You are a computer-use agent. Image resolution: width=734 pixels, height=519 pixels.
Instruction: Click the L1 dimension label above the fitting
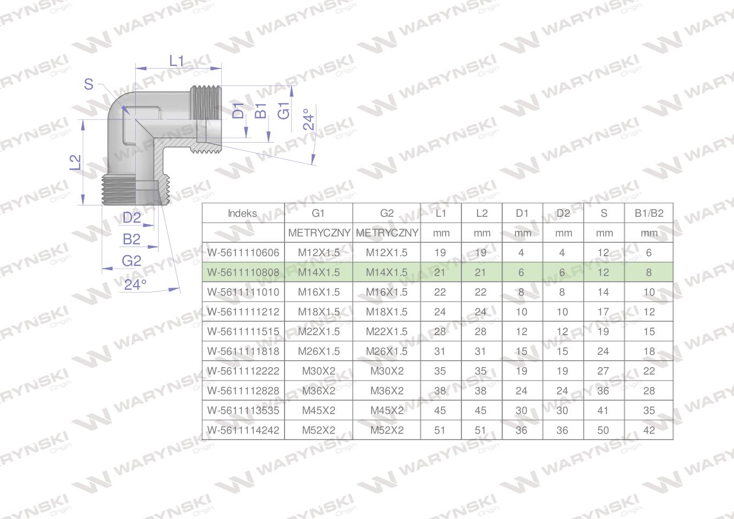click(x=177, y=61)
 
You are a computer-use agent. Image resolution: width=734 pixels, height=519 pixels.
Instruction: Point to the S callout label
click(x=89, y=84)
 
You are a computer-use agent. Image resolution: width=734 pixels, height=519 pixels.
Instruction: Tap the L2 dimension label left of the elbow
click(x=75, y=162)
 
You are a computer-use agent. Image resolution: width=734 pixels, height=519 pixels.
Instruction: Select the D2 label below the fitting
click(x=131, y=218)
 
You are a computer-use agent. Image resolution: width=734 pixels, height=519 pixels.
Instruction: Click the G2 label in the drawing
click(x=131, y=261)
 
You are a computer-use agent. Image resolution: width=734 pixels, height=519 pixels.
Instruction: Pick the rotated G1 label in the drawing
click(x=284, y=111)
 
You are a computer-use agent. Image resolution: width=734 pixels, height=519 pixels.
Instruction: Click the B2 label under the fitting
click(x=131, y=239)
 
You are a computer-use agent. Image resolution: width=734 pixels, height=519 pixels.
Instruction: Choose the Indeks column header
click(x=242, y=213)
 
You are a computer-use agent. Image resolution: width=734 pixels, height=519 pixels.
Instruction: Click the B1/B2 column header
click(x=649, y=213)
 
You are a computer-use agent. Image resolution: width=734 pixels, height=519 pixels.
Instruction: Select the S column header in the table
click(x=604, y=213)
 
